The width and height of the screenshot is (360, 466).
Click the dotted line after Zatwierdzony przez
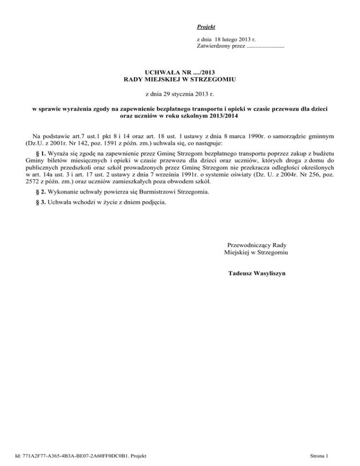click(265, 46)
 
